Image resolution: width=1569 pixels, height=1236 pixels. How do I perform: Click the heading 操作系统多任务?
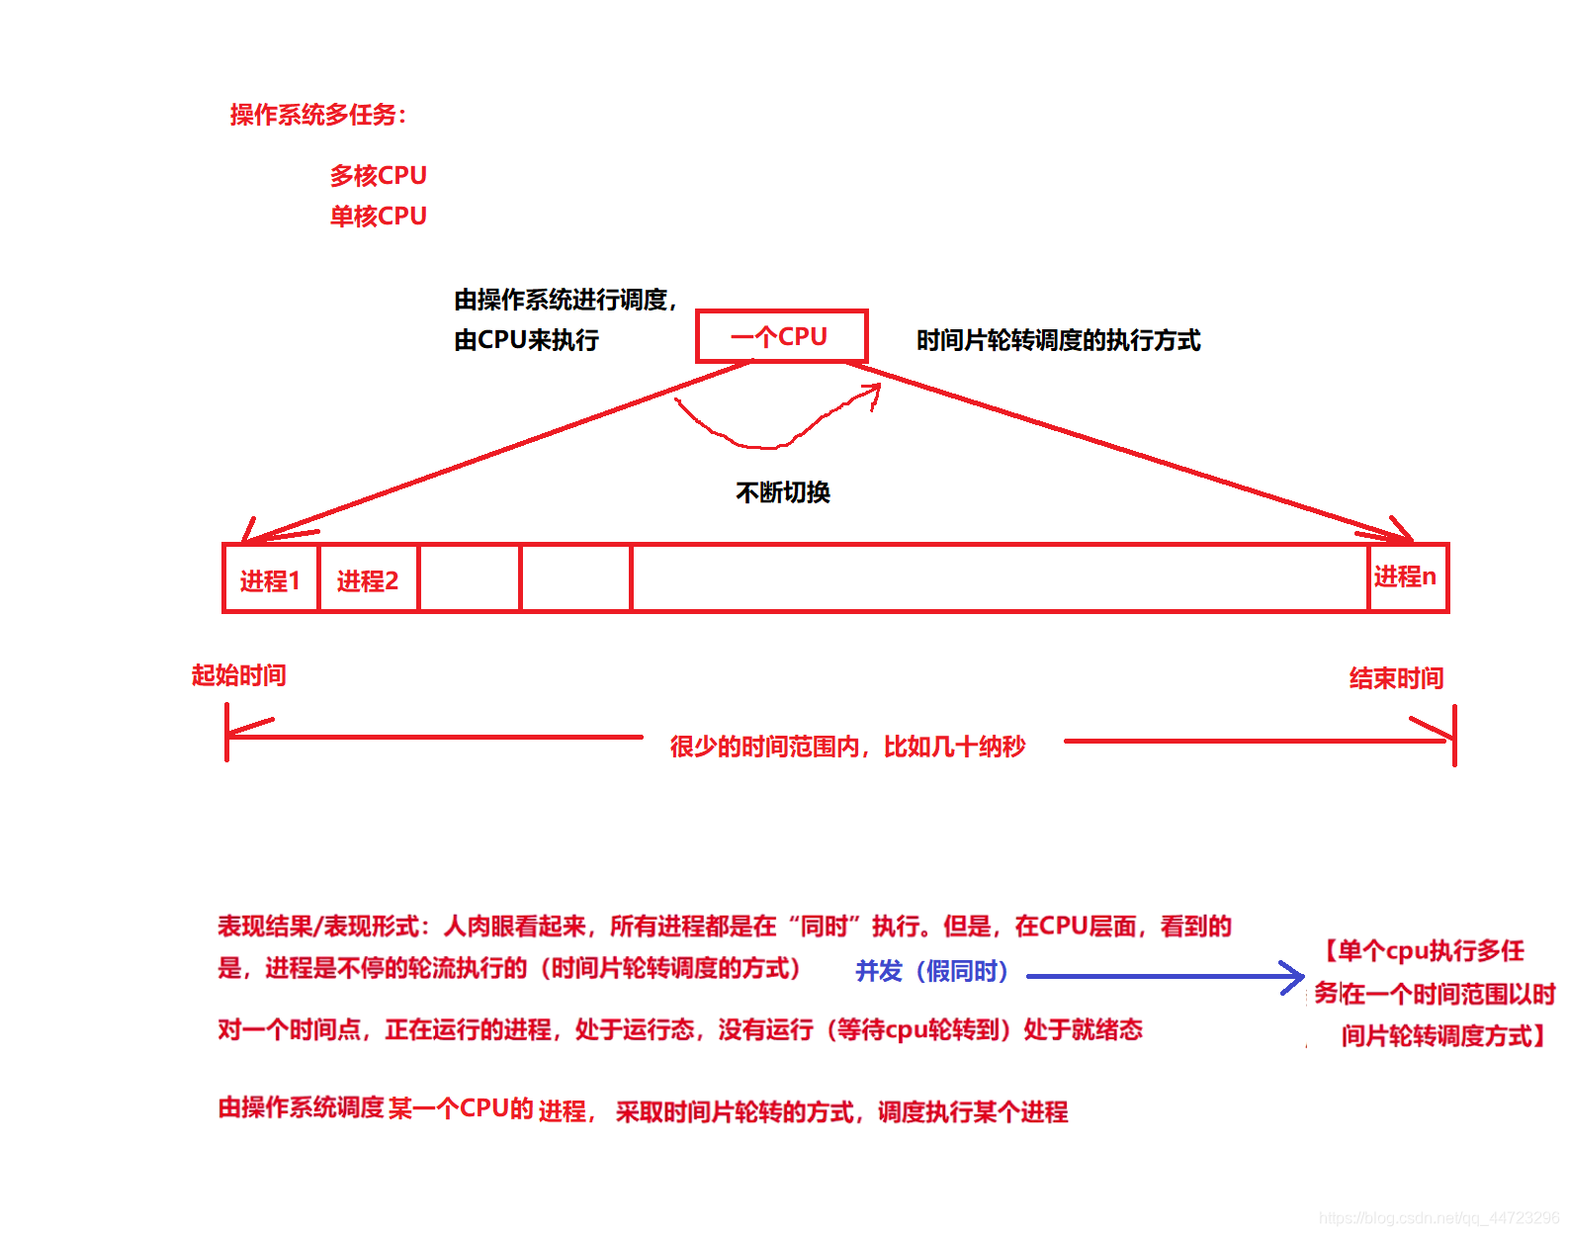(317, 115)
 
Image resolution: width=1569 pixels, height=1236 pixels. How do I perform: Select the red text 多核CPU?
(378, 176)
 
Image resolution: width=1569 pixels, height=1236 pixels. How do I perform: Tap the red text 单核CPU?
(378, 217)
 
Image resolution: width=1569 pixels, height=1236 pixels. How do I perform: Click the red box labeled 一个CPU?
(781, 336)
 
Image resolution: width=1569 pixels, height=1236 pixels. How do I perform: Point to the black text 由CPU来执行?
(526, 340)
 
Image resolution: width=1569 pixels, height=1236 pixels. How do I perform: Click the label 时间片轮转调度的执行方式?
(1058, 340)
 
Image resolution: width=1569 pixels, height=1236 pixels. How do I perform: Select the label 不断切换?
(783, 492)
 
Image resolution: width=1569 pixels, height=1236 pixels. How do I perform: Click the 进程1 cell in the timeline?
(270, 579)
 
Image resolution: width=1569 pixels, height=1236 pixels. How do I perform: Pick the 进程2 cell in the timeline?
(368, 579)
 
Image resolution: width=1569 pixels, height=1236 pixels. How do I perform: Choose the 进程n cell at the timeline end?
(1405, 576)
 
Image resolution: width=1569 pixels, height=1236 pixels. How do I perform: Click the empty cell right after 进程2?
(470, 578)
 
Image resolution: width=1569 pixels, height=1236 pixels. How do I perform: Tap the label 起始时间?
(238, 675)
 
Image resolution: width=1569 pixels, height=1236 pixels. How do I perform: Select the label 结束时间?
(1396, 678)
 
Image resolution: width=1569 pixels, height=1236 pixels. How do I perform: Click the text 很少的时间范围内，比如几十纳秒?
(847, 747)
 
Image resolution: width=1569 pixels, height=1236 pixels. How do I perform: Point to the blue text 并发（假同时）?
(931, 971)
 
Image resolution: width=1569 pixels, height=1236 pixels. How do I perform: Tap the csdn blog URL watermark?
(1438, 1218)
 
